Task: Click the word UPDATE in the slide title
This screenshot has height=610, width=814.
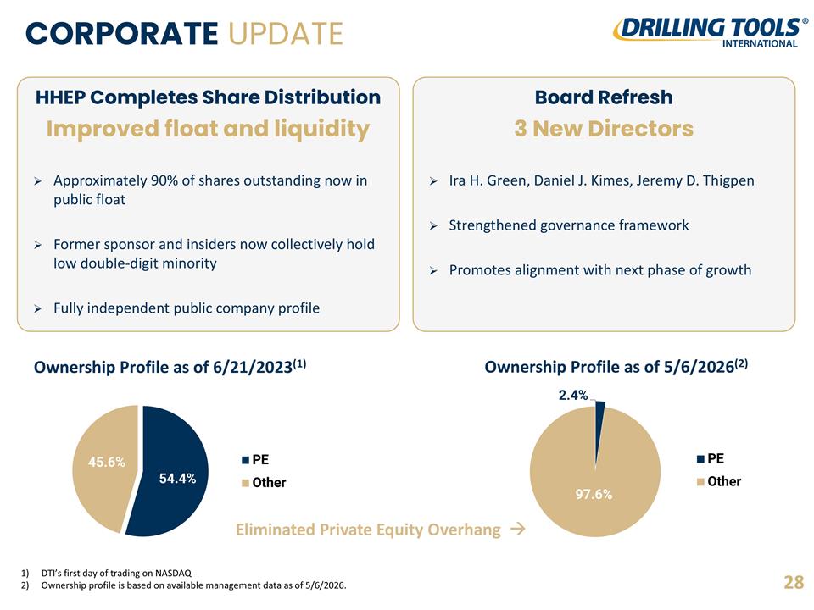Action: tap(286, 34)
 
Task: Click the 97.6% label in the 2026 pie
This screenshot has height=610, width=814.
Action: tap(594, 494)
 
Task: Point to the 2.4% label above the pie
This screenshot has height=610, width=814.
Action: tap(573, 396)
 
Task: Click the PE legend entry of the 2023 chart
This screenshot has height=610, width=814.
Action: tap(255, 459)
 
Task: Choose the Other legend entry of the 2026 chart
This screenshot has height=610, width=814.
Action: tap(719, 481)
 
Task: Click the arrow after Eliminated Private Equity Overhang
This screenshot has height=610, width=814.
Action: tap(517, 529)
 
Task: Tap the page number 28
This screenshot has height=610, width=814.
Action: tap(794, 583)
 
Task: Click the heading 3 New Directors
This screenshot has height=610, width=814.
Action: tap(604, 129)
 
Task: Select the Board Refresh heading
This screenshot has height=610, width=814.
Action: tap(604, 97)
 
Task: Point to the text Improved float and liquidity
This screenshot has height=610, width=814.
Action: tap(208, 129)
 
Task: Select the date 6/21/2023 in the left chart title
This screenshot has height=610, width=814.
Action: tap(253, 367)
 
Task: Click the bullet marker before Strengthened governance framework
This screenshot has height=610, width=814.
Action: tap(433, 225)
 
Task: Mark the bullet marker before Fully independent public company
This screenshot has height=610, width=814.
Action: tap(38, 308)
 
